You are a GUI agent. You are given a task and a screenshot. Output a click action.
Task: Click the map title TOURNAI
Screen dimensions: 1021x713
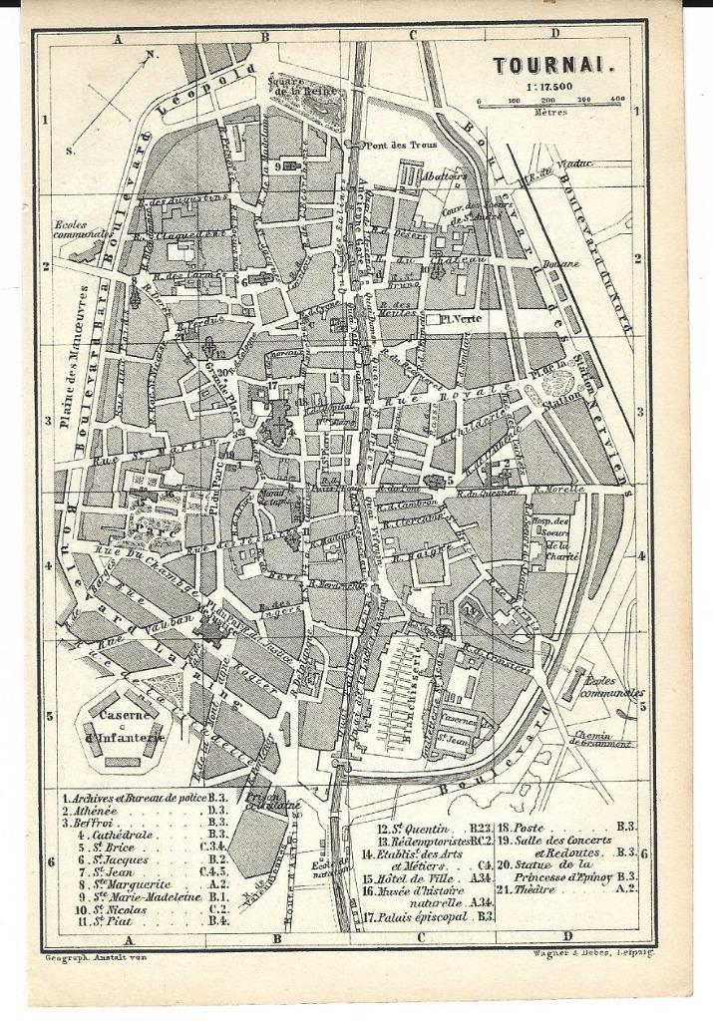pyautogui.click(x=553, y=66)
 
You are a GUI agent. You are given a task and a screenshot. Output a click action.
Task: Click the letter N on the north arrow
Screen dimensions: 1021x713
pyautogui.click(x=151, y=56)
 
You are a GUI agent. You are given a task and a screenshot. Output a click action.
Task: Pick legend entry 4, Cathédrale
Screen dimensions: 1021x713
pyautogui.click(x=110, y=833)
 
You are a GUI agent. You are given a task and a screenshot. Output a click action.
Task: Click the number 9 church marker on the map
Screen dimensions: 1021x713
pyautogui.click(x=278, y=167)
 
